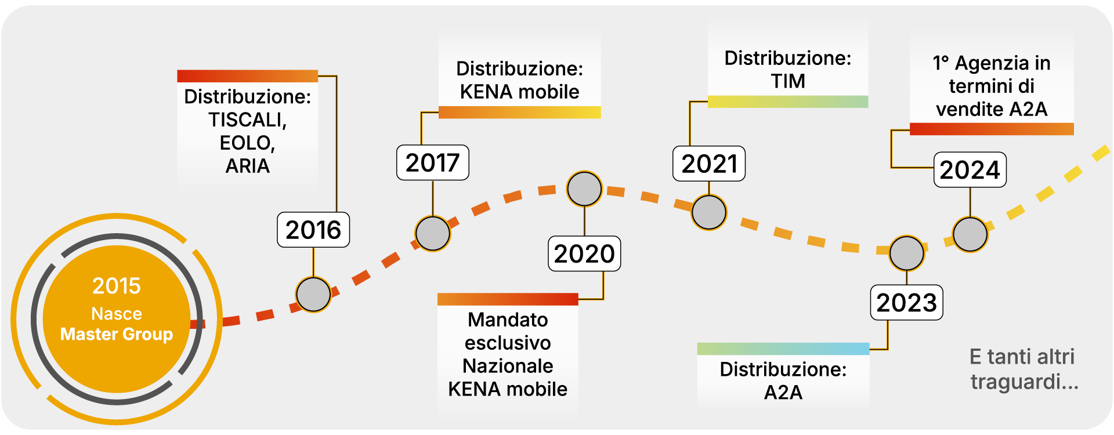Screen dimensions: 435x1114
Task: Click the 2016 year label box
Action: [313, 230]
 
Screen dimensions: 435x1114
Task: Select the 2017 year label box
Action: [433, 163]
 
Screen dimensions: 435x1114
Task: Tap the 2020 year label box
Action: [584, 254]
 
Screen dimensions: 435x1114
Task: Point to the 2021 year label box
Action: [709, 164]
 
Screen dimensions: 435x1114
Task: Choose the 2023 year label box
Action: [906, 303]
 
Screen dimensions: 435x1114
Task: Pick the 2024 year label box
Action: [970, 170]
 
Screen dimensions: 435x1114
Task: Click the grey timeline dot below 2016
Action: [313, 295]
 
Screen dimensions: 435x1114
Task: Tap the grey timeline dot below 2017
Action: [433, 234]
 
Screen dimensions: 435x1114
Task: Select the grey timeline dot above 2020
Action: [584, 189]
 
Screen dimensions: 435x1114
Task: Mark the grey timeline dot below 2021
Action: [709, 212]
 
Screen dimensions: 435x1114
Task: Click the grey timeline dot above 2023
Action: [907, 253]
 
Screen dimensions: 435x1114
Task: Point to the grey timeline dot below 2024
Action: [970, 234]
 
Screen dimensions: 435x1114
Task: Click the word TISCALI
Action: [247, 120]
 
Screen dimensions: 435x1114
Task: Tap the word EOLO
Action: [245, 143]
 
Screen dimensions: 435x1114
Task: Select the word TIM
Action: [788, 82]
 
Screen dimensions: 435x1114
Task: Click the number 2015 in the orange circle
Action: [117, 286]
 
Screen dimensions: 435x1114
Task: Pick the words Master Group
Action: [117, 335]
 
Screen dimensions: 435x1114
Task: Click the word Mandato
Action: [508, 320]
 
